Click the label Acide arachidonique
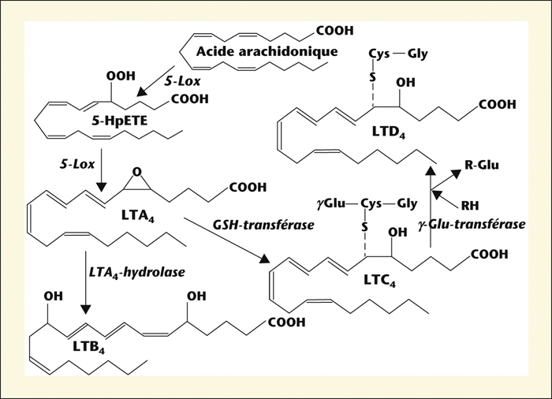[267, 52]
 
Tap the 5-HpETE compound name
[119, 121]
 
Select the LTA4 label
[138, 216]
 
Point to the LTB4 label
[88, 347]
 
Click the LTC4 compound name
[379, 280]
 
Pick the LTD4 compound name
[389, 132]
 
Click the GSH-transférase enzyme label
[263, 225]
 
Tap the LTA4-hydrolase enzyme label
[137, 272]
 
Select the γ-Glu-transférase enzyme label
[472, 224]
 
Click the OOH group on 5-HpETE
[121, 76]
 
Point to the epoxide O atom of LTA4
[137, 172]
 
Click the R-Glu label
[482, 165]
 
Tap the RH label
[470, 205]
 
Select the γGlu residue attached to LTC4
[331, 204]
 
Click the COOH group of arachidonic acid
[335, 31]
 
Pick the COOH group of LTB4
[287, 323]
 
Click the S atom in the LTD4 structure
[372, 76]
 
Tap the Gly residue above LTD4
[417, 54]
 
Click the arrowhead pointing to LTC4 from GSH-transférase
[265, 259]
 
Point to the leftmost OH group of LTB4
[54, 296]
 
